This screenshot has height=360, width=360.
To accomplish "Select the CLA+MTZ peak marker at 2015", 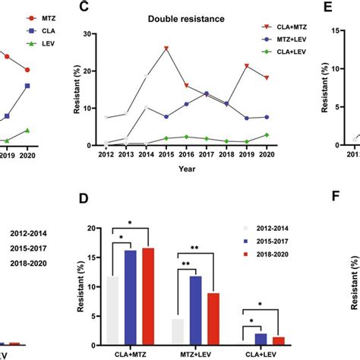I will point(166,49).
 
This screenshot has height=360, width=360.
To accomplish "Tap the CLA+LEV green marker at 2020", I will point(266,134).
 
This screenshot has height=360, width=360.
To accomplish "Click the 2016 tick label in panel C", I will point(186,153).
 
